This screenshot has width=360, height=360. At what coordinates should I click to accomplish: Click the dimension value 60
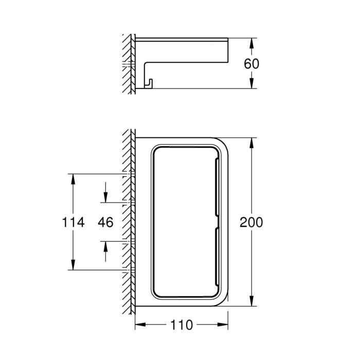(x=251, y=64)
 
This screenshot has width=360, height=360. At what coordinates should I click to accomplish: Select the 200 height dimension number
(x=251, y=222)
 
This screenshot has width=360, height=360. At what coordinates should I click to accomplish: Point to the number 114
(x=73, y=222)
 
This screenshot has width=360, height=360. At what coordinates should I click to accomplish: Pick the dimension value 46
(x=105, y=222)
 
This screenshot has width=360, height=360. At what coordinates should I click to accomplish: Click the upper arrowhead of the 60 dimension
(x=251, y=42)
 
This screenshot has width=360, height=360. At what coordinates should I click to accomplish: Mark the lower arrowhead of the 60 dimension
(x=251, y=85)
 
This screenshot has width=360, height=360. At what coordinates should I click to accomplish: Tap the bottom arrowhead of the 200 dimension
(x=251, y=303)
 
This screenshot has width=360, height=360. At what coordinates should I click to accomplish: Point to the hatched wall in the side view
(x=127, y=65)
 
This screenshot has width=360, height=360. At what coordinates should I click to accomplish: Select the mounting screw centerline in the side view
(x=128, y=64)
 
